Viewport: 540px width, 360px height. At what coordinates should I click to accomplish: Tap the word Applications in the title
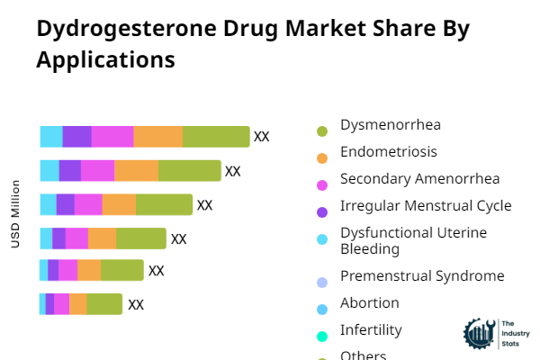105,60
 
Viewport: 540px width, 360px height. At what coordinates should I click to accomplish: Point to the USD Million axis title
15,214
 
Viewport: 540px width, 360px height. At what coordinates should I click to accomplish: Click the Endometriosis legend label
389,151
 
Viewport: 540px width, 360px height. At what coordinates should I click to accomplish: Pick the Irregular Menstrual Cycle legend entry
426,206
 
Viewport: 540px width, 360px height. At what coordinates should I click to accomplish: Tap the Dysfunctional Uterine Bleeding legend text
413,240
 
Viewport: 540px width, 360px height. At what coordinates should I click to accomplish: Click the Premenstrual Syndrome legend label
422,275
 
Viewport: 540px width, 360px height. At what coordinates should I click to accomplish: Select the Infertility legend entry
371,329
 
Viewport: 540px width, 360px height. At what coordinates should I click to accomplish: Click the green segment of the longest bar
216,137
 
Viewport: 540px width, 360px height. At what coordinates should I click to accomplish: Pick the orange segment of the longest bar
158,137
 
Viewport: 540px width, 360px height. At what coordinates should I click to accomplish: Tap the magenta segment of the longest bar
112,137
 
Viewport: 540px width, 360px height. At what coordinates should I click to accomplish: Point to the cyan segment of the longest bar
51,137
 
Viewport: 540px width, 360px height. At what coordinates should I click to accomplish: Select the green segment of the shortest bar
104,304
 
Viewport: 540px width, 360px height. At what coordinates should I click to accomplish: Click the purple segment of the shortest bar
49,304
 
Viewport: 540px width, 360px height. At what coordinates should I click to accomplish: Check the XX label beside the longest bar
262,137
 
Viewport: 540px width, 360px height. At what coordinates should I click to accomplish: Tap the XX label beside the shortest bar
136,304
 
